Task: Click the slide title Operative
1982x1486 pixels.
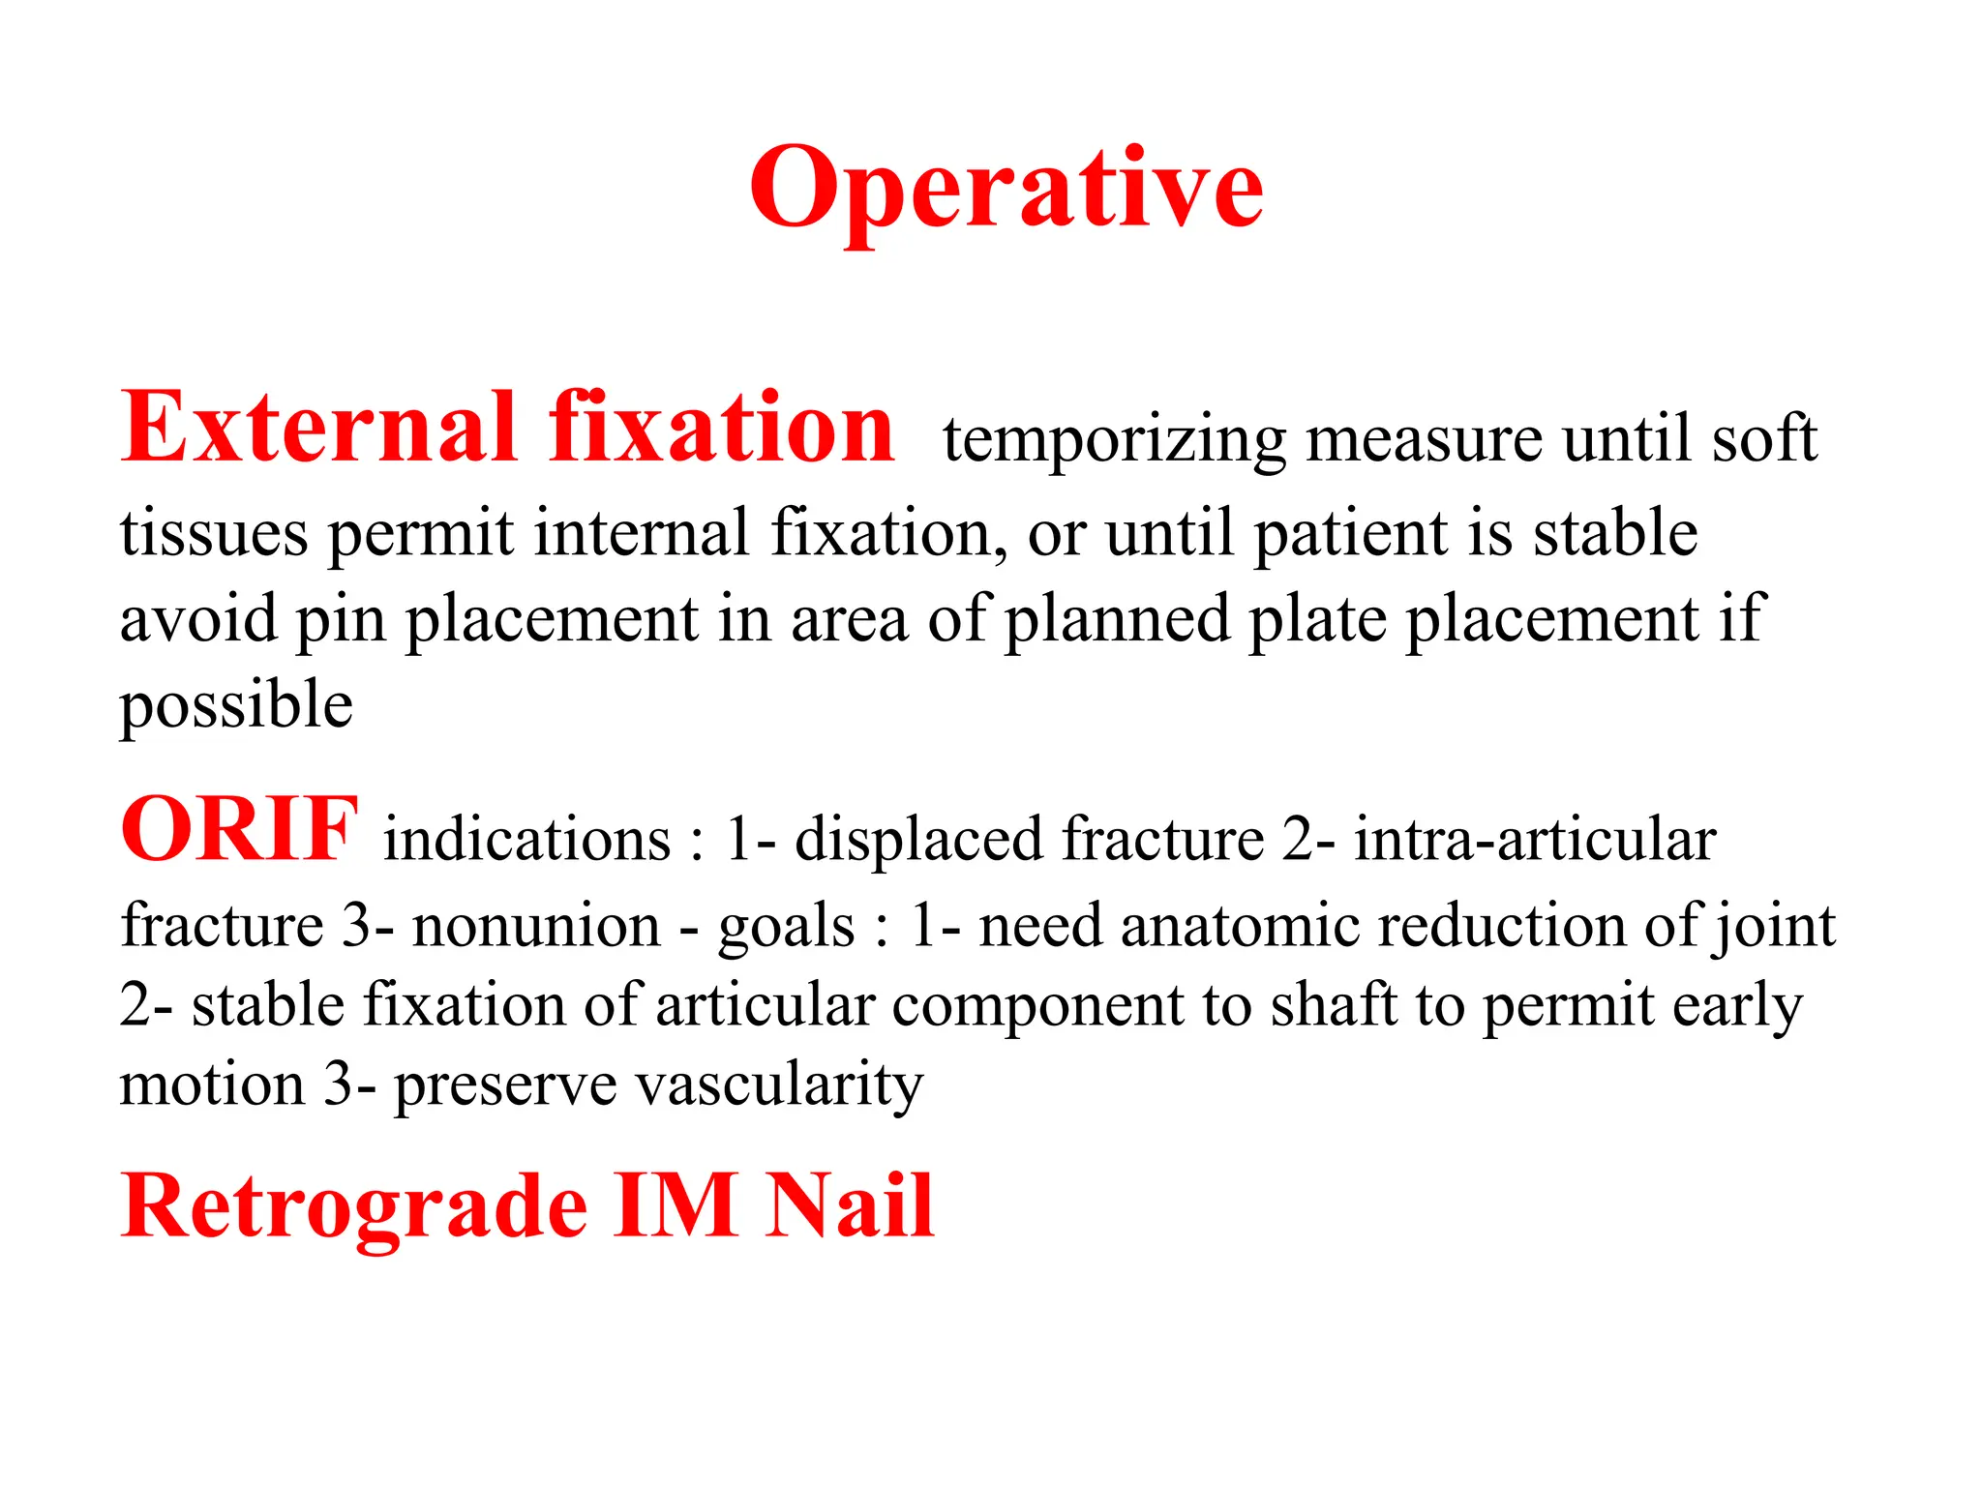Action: click(x=1006, y=189)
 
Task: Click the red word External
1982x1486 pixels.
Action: click(x=318, y=429)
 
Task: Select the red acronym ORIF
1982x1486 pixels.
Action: click(x=239, y=830)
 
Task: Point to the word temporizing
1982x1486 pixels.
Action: click(x=1114, y=440)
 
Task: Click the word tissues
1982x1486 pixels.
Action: click(x=214, y=533)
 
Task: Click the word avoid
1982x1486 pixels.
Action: click(x=198, y=619)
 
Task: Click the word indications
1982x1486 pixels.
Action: click(x=527, y=839)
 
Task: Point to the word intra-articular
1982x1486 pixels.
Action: click(x=1534, y=839)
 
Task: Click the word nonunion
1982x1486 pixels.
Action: click(x=536, y=926)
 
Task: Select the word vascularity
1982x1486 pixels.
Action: click(x=779, y=1085)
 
